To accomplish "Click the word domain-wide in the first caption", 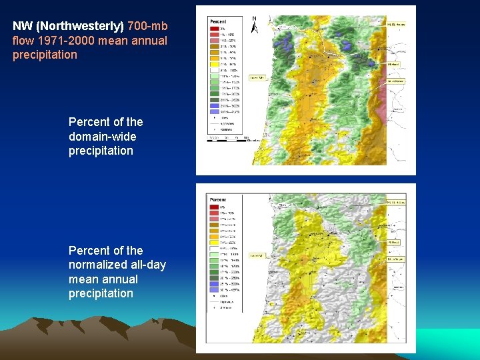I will (102, 137).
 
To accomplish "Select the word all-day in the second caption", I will (147, 265).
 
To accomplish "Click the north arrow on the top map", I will (254, 26).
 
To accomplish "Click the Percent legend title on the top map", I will (217, 21).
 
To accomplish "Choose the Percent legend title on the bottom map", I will (217, 199).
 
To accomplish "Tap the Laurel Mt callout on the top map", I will (257, 77).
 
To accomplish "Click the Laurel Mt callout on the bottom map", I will (257, 255).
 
